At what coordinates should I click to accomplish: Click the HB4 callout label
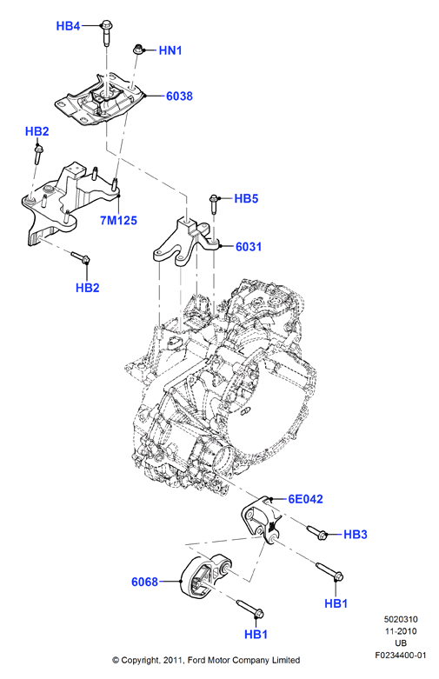pyautogui.click(x=68, y=26)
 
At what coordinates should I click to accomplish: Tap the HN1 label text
pyautogui.click(x=170, y=50)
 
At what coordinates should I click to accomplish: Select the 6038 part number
pyautogui.click(x=179, y=97)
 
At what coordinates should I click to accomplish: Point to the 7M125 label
pyautogui.click(x=118, y=221)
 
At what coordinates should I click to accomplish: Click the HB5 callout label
pyautogui.click(x=246, y=199)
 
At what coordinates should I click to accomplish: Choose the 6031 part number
pyautogui.click(x=249, y=247)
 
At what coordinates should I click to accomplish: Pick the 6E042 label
pyautogui.click(x=306, y=499)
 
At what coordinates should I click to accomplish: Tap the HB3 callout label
pyautogui.click(x=356, y=535)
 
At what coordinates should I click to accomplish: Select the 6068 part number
pyautogui.click(x=144, y=582)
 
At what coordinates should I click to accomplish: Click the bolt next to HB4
pyautogui.click(x=106, y=32)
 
